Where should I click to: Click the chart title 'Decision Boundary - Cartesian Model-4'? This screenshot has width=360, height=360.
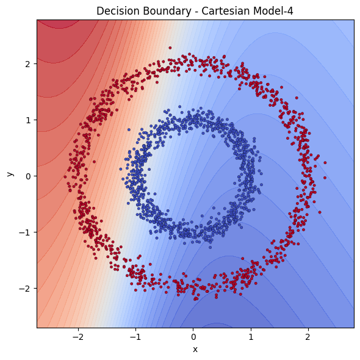tap(195, 9)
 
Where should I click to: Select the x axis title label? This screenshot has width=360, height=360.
tap(195, 349)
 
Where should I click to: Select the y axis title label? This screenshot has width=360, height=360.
tap(9, 174)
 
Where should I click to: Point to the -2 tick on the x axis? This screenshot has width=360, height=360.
tap(78, 337)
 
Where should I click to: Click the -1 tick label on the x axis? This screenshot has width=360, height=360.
tap(135, 337)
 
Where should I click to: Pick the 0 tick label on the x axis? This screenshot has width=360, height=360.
tap(193, 337)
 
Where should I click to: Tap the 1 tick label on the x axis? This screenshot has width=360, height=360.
tap(251, 337)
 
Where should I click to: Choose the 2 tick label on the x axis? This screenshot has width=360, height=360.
tap(308, 337)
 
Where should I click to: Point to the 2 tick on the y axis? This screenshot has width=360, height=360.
tap(28, 63)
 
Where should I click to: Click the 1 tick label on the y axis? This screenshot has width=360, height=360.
tap(28, 120)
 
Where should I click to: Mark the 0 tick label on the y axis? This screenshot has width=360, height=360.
tap(28, 176)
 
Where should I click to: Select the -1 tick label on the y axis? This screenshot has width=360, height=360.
tap(26, 232)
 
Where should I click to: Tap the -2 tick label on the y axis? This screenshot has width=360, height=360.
tap(26, 288)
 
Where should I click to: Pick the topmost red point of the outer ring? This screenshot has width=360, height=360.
tap(170, 48)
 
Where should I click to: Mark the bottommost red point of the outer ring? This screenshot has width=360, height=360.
tap(195, 300)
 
